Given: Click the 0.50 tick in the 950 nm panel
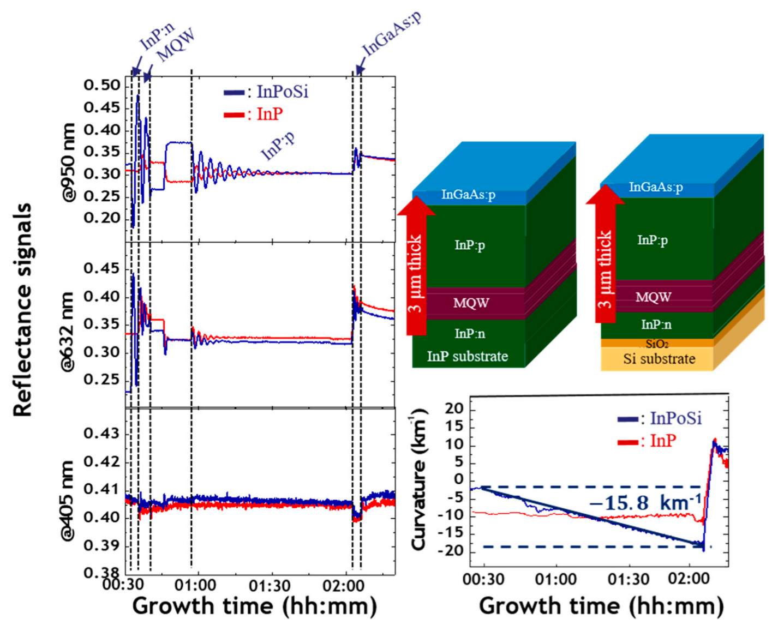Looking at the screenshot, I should coord(101,86).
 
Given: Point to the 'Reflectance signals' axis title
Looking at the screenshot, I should coord(23,310).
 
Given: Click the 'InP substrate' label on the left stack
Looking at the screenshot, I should coord(467,356).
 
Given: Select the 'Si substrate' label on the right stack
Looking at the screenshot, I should coord(659,359).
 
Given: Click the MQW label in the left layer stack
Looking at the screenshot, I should coord(471,303).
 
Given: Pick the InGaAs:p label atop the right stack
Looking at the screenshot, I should coord(655,187).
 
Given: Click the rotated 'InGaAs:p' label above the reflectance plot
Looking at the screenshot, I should coord(391,34).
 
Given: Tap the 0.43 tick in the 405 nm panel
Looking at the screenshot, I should coord(101,434).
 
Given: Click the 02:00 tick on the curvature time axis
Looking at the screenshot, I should coord(689,578).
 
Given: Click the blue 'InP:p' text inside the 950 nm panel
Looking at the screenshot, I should coord(278,146).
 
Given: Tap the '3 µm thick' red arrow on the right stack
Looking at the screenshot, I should coord(605,262).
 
